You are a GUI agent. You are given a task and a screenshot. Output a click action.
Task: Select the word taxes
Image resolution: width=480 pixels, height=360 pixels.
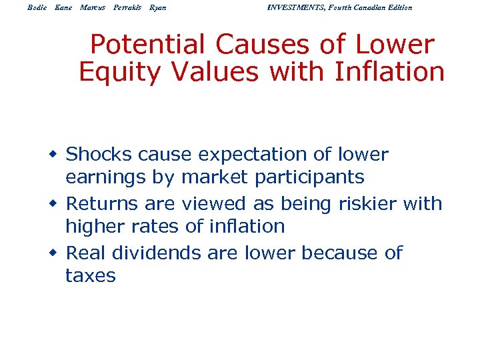coord(90,275)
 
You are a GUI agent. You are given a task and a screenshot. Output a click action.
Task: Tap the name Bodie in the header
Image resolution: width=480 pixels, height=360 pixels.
coord(37,7)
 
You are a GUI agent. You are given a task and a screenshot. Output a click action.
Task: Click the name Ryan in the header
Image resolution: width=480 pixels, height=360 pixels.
coord(158,7)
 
